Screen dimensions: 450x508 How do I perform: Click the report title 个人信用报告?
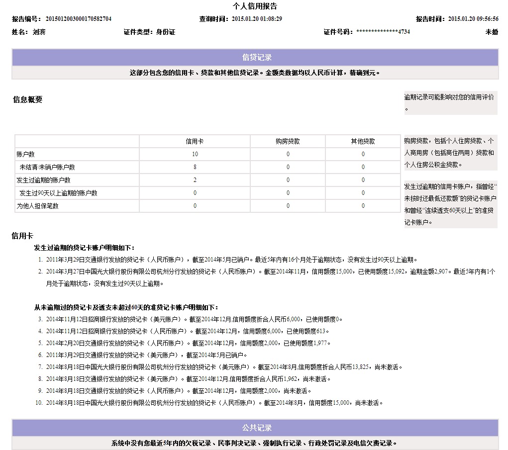[255, 6]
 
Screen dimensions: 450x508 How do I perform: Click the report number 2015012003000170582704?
[78, 19]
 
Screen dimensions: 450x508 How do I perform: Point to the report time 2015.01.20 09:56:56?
[473, 19]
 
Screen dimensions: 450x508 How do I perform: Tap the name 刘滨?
[39, 32]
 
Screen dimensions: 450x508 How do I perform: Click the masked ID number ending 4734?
[383, 32]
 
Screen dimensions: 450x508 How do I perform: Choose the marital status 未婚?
[492, 32]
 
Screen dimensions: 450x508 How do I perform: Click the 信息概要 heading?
[28, 99]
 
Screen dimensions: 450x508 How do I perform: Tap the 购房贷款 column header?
[288, 141]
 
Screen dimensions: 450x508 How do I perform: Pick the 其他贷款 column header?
[363, 141]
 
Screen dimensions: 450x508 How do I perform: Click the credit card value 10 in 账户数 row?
[195, 154]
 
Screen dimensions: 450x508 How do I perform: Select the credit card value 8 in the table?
[195, 167]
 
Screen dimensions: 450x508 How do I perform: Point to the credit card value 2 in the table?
[195, 180]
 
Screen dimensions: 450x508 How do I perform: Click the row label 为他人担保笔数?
[37, 206]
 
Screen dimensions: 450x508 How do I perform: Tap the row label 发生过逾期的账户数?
[43, 180]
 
